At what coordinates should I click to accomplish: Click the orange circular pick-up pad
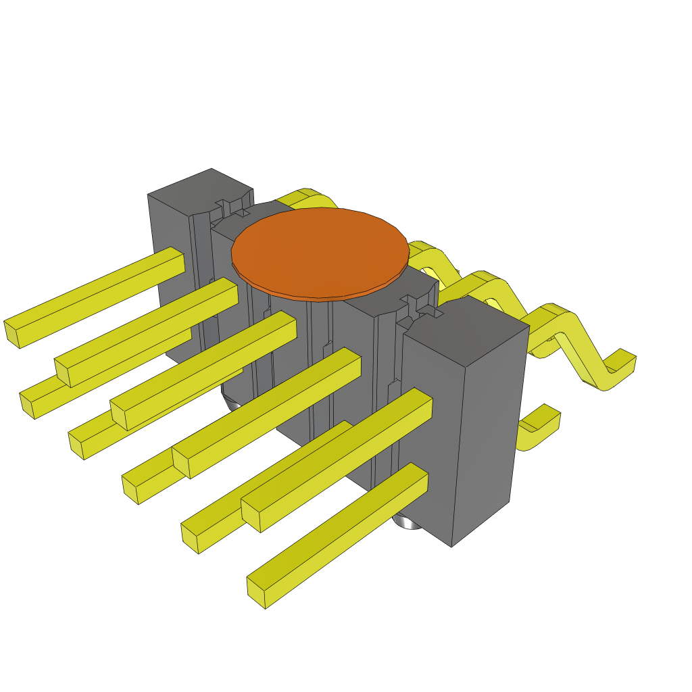pos(320,251)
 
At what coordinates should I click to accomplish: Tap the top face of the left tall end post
pos(201,190)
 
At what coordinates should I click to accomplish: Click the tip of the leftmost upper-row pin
pos(11,334)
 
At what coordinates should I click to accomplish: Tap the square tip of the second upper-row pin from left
pos(61,372)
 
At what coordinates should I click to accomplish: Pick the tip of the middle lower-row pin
pos(130,489)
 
